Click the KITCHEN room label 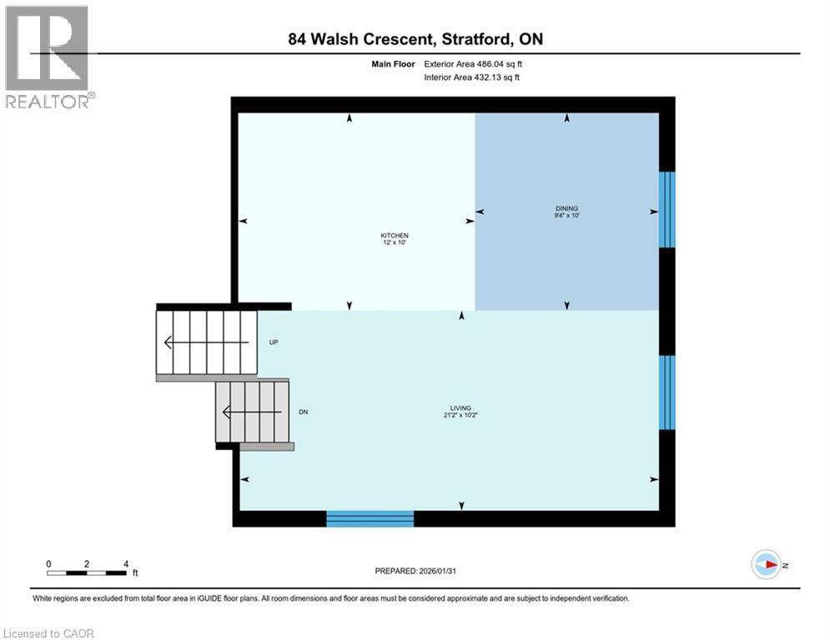(x=395, y=237)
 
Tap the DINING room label (x=567, y=208)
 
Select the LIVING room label (x=460, y=408)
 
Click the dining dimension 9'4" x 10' (x=567, y=216)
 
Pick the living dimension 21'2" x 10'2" (x=460, y=416)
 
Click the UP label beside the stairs (x=274, y=342)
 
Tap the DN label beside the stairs (x=304, y=412)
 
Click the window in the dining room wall (x=666, y=209)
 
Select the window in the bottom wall (x=370, y=518)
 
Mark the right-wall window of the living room (x=666, y=392)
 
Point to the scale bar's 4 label (x=125, y=563)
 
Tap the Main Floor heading (x=394, y=63)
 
